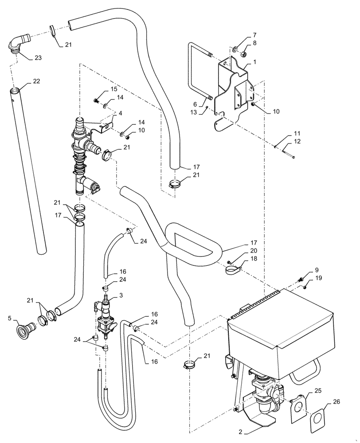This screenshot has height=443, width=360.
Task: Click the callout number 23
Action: [38, 58]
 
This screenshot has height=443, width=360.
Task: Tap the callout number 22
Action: [36, 82]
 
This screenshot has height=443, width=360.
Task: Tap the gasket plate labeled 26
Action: [321, 420]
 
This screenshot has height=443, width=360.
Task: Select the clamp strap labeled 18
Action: [231, 269]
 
